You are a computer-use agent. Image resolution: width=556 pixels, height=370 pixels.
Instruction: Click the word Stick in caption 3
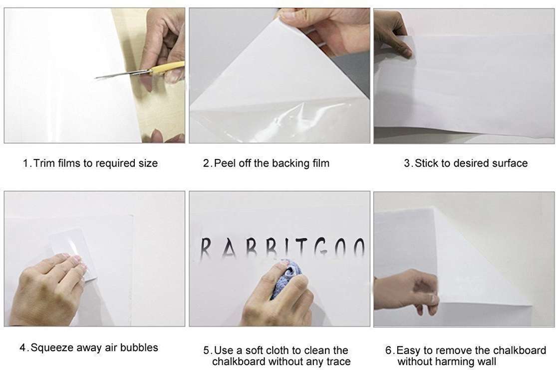(427, 163)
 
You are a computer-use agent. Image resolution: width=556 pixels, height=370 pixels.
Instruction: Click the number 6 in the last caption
(389, 350)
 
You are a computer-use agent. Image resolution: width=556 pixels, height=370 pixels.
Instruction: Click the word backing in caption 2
(288, 163)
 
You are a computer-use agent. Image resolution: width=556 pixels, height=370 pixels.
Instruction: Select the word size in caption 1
(148, 163)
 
